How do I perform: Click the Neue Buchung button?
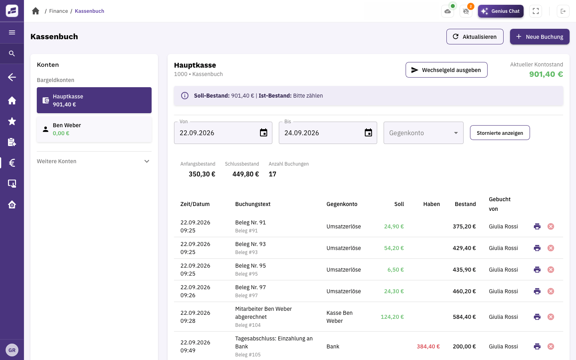[540, 36]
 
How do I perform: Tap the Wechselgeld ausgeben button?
[446, 70]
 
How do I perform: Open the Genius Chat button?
[500, 11]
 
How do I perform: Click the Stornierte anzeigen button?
[500, 133]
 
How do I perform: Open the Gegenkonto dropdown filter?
[423, 133]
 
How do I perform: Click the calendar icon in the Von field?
[264, 133]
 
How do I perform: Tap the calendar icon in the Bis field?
[368, 133]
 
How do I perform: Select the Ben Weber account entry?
[94, 129]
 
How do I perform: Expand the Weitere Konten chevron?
[146, 161]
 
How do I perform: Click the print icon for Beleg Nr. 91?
[537, 226]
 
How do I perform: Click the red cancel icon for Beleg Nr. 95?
[550, 270]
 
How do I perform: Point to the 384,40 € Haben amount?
[428, 346]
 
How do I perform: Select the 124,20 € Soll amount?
[392, 317]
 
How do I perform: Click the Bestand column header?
[465, 204]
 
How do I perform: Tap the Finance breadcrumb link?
[58, 11]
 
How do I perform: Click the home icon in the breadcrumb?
[36, 11]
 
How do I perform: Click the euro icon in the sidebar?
[12, 163]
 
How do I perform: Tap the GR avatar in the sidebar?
[12, 350]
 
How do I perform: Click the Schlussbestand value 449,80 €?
[246, 174]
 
